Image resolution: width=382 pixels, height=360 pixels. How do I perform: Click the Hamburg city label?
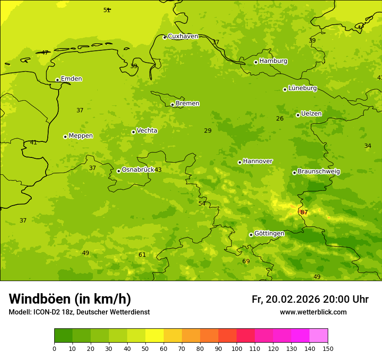[273, 61]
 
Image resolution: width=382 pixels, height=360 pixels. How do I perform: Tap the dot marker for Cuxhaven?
[165, 37]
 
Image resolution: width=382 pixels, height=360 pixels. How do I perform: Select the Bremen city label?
[188, 104]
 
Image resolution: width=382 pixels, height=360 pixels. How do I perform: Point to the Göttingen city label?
[269, 234]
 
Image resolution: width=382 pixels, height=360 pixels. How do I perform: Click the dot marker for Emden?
[57, 80]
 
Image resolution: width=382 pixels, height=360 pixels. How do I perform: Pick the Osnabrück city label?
[138, 170]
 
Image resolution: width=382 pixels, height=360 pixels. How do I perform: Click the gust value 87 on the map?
[304, 213]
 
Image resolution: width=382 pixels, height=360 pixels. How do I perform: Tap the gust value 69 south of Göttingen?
[246, 262]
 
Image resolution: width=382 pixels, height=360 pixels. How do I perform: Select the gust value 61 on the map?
[142, 255]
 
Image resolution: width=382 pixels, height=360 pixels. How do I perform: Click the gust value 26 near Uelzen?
[280, 119]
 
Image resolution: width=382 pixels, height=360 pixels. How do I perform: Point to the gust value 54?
[202, 204]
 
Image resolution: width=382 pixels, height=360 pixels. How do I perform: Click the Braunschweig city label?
[319, 172]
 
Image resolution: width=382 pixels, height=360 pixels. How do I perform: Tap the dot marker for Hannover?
[240, 162]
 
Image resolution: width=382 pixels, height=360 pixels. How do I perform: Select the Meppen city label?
[81, 136]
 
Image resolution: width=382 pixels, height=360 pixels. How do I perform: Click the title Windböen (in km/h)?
[70, 299]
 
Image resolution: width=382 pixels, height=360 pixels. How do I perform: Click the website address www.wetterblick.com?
[313, 312]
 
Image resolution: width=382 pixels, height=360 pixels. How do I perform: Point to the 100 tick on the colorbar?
[237, 348]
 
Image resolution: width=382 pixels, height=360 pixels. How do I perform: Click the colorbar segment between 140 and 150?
[319, 336]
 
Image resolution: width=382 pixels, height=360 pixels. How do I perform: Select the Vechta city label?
[147, 131]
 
